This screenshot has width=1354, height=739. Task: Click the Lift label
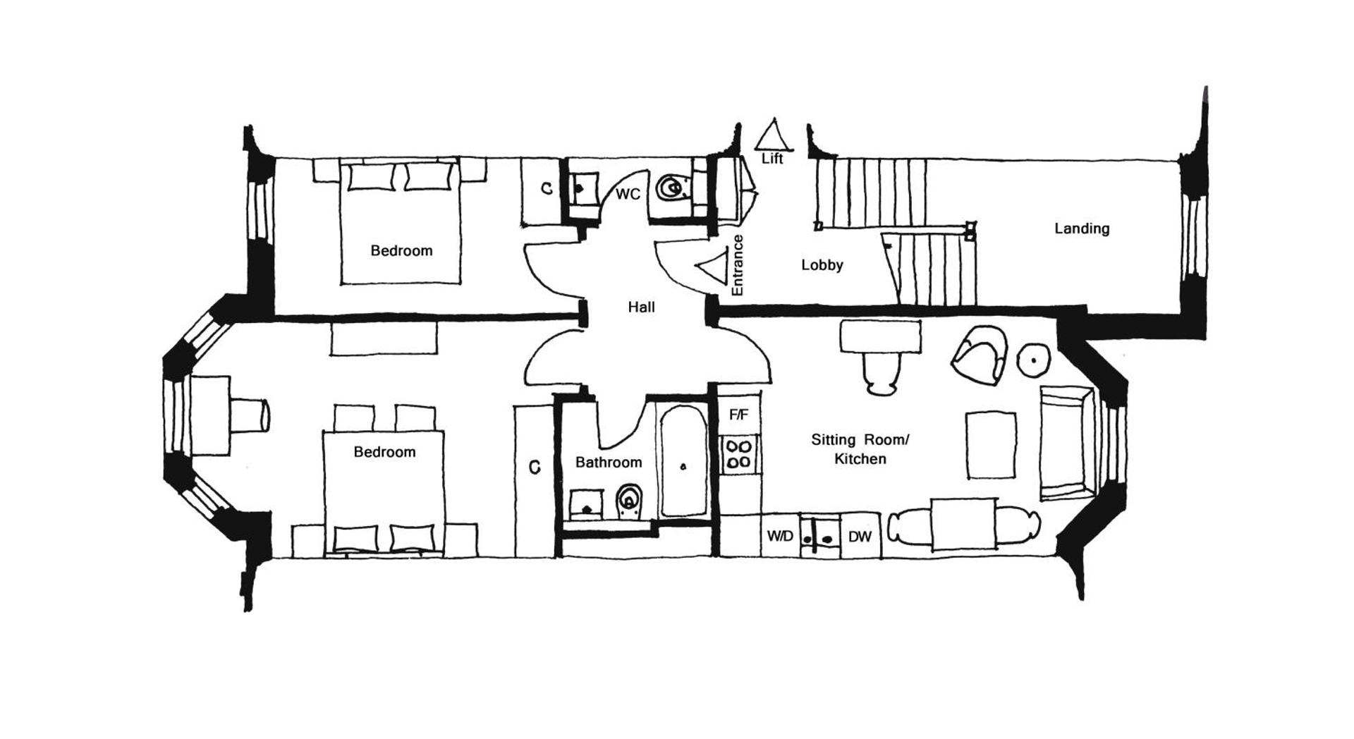pos(772,159)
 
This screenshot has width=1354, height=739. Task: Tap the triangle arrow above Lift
pos(774,135)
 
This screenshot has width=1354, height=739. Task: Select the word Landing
pos(1082,228)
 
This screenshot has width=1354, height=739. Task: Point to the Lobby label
pos(822,265)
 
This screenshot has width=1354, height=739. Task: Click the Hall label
pos(641,307)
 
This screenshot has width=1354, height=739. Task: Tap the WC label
pos(628,194)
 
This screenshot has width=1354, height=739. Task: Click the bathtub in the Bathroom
pos(683,462)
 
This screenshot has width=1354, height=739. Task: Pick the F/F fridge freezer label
pos(738,415)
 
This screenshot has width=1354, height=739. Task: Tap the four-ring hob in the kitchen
pos(738,454)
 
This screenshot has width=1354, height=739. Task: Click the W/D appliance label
pos(780,537)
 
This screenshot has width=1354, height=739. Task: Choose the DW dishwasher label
pos(860,537)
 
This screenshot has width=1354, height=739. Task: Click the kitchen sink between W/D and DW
pos(820,537)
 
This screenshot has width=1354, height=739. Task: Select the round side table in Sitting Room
pos(1034,360)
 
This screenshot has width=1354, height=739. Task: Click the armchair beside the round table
pos(980,354)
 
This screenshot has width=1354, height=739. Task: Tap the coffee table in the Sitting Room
pos(991,446)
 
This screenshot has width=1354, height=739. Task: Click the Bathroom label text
pos(609,463)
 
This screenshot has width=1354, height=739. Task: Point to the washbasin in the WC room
pos(583,189)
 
